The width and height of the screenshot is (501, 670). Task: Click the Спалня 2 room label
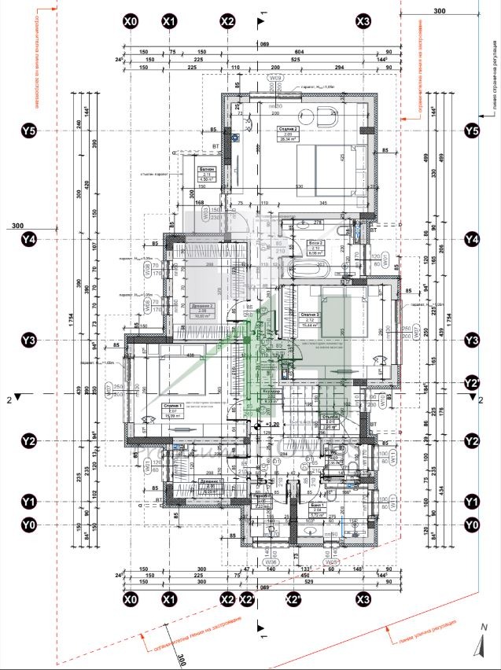(x=286, y=130)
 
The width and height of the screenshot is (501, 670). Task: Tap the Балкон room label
(x=207, y=170)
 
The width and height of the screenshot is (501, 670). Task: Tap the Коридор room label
(x=271, y=392)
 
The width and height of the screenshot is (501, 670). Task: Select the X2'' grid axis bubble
(x=294, y=600)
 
